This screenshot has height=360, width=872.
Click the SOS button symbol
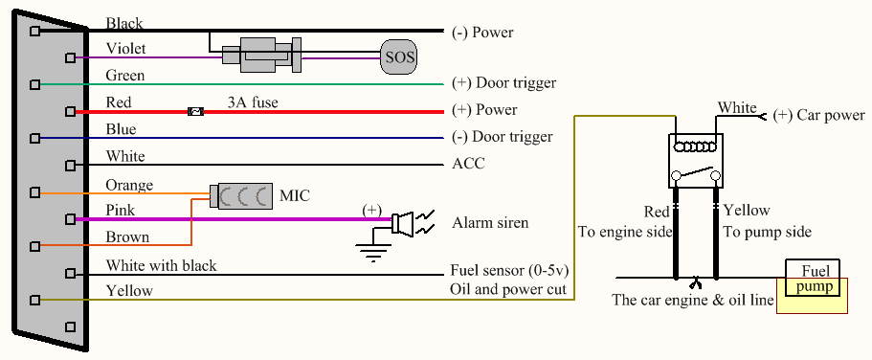tap(399, 56)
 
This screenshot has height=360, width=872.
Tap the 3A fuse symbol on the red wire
tap(195, 112)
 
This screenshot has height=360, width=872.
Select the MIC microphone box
tap(241, 196)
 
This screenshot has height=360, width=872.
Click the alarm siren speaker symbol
tap(402, 224)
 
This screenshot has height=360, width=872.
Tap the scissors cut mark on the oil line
tap(695, 282)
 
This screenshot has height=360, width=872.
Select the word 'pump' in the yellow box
tap(814, 286)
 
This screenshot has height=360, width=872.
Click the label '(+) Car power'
tap(818, 115)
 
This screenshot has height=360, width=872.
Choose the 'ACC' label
tap(468, 164)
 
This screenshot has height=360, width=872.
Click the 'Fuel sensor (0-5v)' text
tap(511, 272)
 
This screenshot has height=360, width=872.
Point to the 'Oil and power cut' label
tap(507, 289)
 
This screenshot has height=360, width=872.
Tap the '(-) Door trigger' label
tap(503, 136)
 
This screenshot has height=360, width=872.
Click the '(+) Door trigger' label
tap(503, 83)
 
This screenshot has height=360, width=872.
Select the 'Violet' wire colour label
tap(125, 49)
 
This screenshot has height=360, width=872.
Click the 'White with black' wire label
tap(161, 266)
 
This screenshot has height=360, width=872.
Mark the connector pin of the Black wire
tap(35, 32)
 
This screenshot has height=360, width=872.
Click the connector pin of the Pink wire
tap(70, 219)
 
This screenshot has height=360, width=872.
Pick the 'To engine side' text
tap(625, 232)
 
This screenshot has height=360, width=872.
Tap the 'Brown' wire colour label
tap(127, 237)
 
